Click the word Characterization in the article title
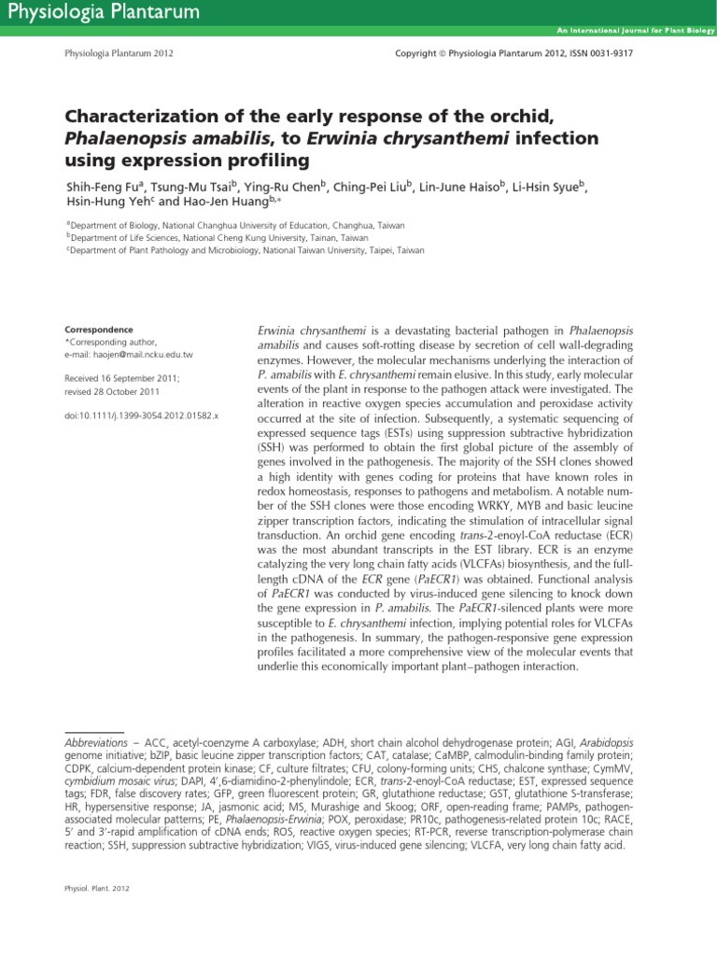click(x=143, y=118)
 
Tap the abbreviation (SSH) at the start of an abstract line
click(x=272, y=449)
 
